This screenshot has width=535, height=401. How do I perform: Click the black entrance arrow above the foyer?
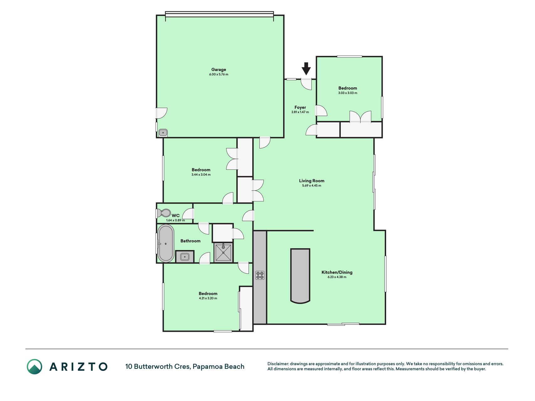pos(306,69)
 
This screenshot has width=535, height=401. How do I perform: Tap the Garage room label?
pos(218,70)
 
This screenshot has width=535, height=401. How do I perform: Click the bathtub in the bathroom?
pos(165,243)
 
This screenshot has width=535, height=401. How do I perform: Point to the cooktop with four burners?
pos(260,275)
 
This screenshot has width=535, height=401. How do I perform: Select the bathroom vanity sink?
pos(185,257)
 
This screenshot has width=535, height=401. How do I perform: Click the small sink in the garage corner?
pos(163,133)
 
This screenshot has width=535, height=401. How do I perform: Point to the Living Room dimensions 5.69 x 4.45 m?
pos(312,185)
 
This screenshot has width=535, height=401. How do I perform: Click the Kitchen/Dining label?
pos(337,272)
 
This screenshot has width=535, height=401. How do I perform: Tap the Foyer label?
pos(300,107)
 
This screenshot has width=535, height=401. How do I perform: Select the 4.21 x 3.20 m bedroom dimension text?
pos(208,298)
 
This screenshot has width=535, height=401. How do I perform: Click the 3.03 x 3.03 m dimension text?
pos(348,93)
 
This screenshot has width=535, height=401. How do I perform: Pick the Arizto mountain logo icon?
pos(34,367)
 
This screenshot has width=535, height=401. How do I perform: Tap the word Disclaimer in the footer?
pos(278,364)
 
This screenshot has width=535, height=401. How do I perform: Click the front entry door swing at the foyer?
pos(307,84)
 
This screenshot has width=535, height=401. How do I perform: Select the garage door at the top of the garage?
pos(219,14)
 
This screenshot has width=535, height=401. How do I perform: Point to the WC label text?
pos(176,216)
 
